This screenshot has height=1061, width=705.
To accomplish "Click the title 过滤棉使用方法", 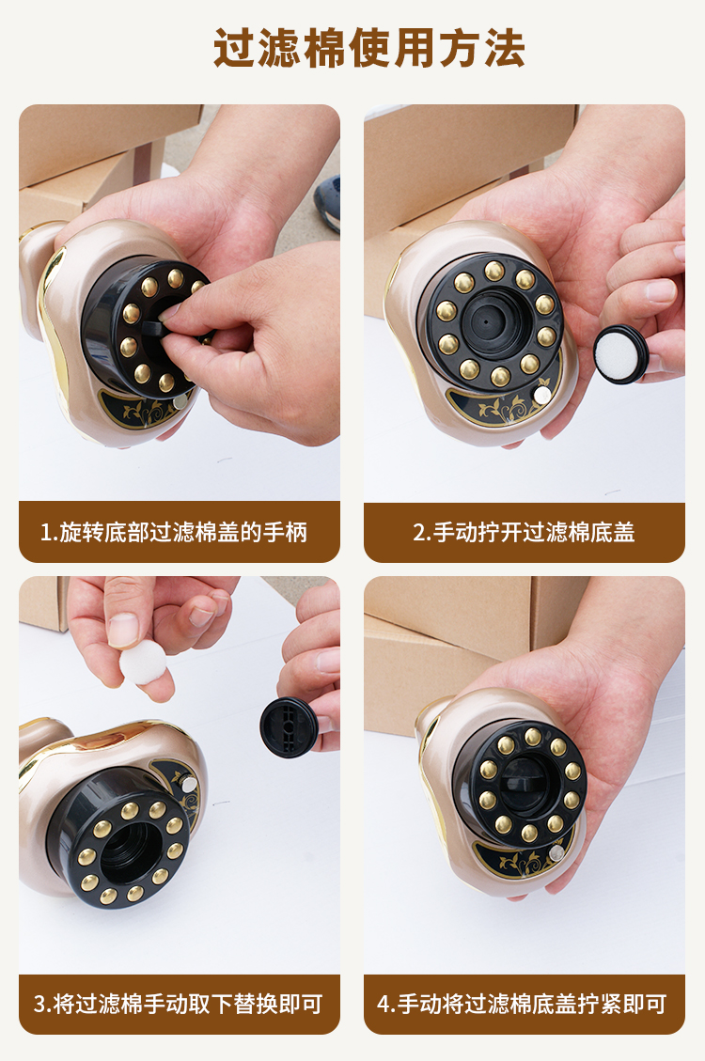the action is (369, 48).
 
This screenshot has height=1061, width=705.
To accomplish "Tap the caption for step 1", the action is (174, 533).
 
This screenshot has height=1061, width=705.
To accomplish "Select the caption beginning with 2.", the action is (524, 533).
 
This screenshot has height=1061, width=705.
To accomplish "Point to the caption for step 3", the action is (178, 1004).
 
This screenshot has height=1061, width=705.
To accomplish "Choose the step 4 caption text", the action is (522, 1004).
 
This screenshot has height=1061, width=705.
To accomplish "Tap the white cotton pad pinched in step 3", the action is (143, 662).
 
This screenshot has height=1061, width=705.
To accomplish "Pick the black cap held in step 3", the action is (289, 726).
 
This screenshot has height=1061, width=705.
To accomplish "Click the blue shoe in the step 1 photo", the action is (327, 202).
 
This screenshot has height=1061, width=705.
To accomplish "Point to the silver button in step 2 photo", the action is (542, 395).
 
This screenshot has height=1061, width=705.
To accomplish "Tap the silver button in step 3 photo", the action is (190, 784).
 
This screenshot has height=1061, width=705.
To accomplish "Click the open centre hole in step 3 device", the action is (131, 847).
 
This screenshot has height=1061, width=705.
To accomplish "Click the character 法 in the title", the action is (505, 48).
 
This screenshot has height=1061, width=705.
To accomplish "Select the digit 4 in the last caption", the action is (383, 1005).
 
